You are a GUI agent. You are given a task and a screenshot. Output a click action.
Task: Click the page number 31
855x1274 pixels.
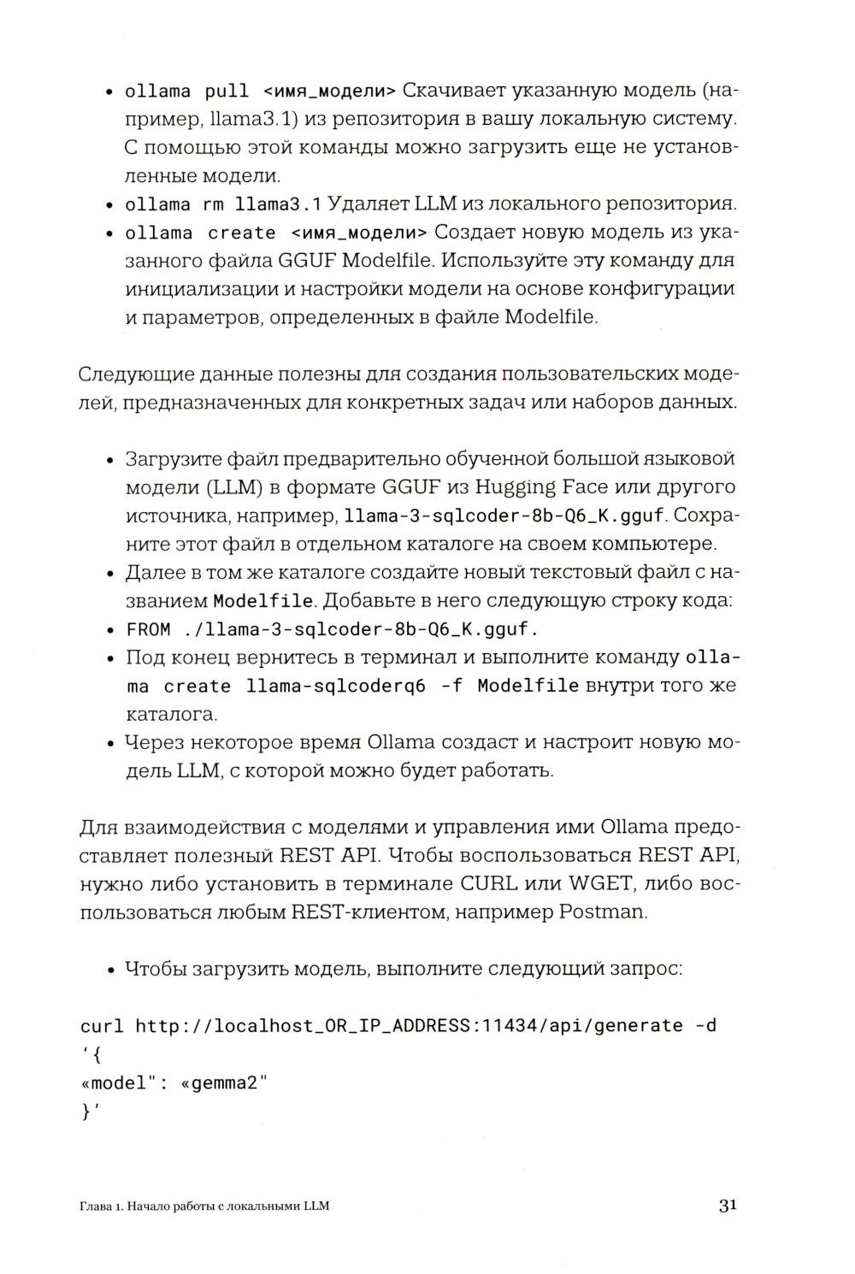[x=727, y=1206]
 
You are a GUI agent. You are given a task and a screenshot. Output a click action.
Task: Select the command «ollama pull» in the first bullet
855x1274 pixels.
[x=187, y=91]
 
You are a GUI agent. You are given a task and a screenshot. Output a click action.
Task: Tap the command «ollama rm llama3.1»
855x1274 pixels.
[x=222, y=205]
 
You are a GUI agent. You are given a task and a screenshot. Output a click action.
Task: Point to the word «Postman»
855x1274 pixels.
[x=602, y=911]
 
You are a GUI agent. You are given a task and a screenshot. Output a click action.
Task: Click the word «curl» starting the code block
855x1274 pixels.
[x=102, y=1026]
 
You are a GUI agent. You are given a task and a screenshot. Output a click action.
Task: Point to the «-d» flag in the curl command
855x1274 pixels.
[x=705, y=1026]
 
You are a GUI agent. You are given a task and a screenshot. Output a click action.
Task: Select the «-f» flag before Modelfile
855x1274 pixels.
[x=451, y=687]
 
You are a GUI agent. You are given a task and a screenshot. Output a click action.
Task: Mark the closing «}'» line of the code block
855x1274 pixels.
[x=90, y=1112]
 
